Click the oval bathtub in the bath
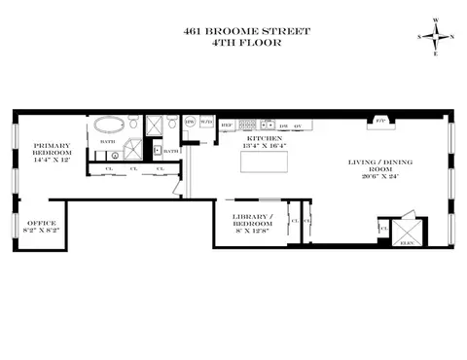(106, 126)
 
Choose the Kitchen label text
(265, 139)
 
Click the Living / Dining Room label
(374, 165)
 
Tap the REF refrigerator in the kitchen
(226, 126)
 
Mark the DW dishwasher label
(282, 126)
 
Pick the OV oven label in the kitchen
(298, 126)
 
